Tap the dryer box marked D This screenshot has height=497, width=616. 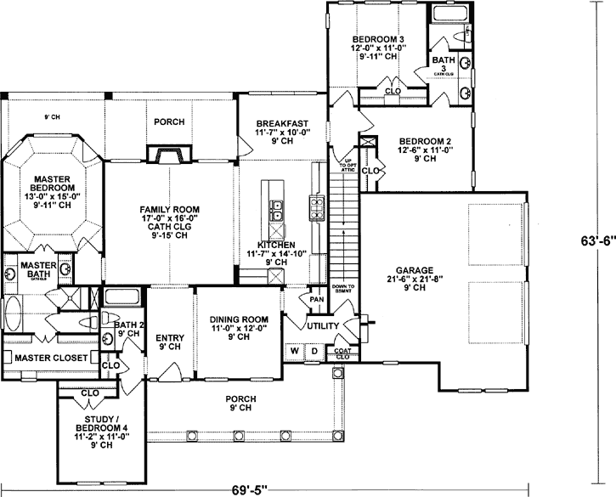[x=313, y=350]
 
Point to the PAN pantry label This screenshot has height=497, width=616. [x=316, y=299]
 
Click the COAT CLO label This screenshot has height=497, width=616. [x=343, y=353]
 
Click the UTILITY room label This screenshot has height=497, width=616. [x=324, y=326]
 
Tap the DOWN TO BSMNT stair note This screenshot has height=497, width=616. [x=343, y=291]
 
